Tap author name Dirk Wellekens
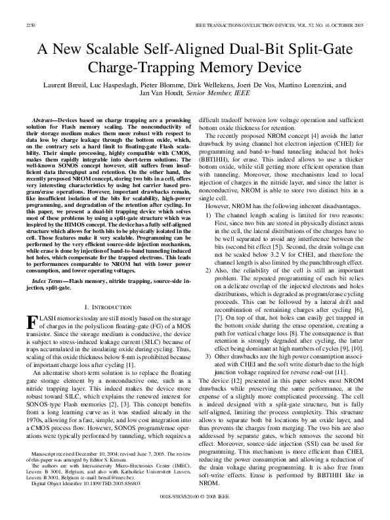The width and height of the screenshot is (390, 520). [x=209, y=85]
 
